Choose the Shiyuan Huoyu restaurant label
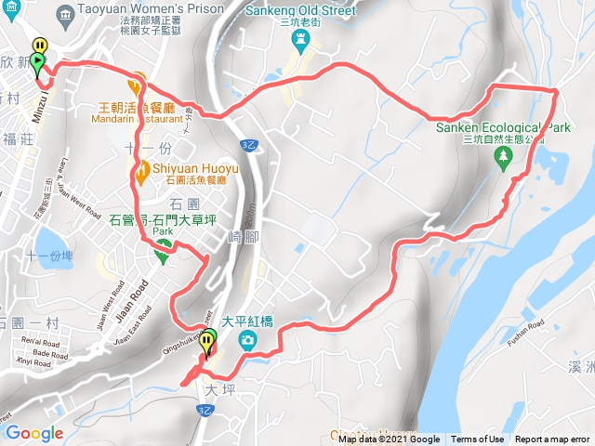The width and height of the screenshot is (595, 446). [195, 168]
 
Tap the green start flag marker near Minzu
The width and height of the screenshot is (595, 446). [37, 63]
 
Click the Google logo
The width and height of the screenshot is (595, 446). [33, 433]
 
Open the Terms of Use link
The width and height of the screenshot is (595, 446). [477, 439]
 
